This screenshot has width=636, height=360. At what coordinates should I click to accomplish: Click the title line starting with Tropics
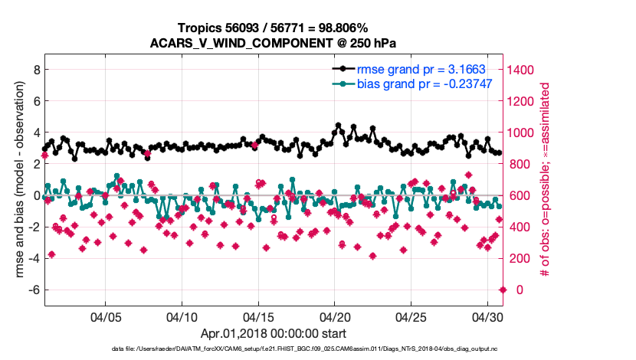[x=273, y=27]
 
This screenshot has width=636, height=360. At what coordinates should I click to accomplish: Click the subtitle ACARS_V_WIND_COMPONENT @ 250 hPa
[x=273, y=42]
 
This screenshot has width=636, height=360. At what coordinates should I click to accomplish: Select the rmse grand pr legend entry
[x=421, y=69]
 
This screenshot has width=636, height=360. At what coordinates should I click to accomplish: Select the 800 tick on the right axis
[x=520, y=164]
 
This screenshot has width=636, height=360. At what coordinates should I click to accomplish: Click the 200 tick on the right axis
[x=520, y=258]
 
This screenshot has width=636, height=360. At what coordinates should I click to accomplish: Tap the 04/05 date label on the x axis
[x=106, y=316]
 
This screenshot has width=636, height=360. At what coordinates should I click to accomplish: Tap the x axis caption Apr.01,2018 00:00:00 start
[x=274, y=334]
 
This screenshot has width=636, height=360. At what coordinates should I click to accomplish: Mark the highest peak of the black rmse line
[x=338, y=125]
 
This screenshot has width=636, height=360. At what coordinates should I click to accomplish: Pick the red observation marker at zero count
[x=503, y=290]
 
